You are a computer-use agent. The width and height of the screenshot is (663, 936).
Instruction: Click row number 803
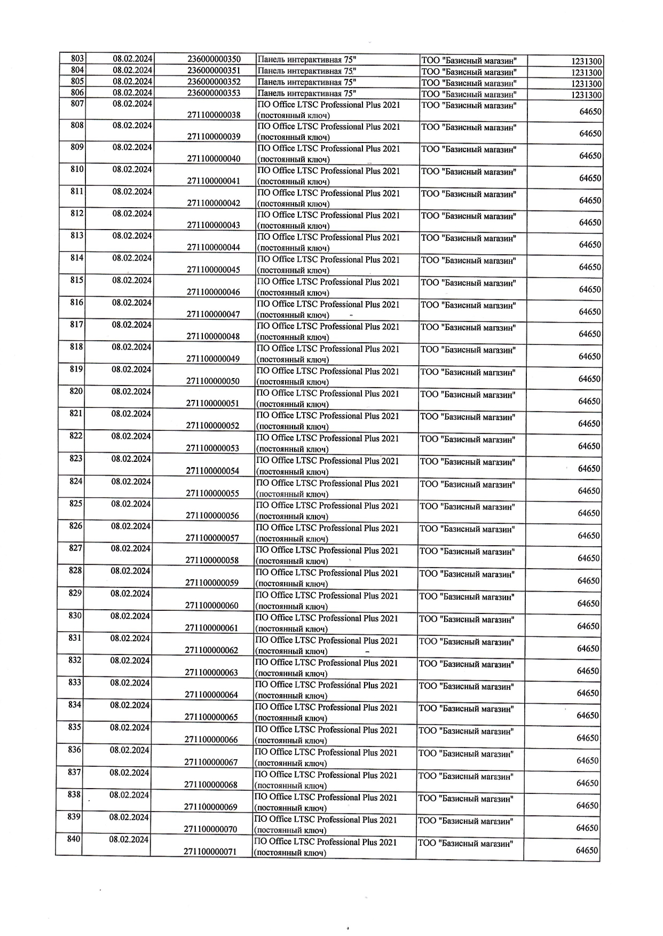(78, 58)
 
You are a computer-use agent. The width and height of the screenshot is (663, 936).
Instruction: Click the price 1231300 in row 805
(587, 84)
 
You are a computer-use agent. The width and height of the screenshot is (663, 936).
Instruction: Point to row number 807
(78, 103)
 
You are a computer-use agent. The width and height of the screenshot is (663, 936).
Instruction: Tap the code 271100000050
(212, 381)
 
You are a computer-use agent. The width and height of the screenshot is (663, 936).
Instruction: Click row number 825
(76, 504)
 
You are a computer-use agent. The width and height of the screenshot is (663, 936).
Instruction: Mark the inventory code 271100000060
(211, 605)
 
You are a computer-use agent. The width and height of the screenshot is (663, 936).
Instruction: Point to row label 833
(75, 682)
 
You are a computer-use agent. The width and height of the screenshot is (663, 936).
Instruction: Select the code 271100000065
(211, 717)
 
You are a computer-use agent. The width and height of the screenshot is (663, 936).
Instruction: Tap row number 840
(74, 839)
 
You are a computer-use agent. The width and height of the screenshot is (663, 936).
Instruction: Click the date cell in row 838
(129, 795)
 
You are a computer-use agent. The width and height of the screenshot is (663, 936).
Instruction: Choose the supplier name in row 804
(469, 72)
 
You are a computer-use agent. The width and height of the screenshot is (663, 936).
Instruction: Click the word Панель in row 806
(271, 93)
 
